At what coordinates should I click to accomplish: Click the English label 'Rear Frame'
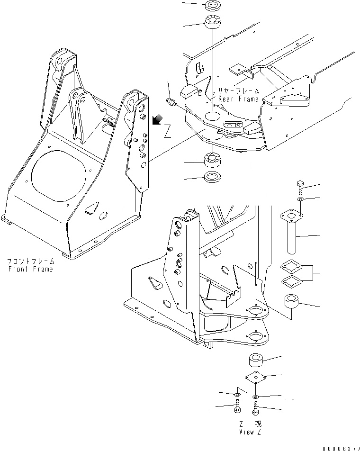tap(238, 99)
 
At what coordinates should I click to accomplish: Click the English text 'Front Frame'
tap(30, 269)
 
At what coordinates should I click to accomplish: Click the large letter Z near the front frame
tap(167, 132)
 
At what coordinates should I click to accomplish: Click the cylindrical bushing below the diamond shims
tap(291, 302)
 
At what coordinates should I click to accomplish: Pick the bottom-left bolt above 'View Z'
tap(238, 406)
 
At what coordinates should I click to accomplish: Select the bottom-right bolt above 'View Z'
tap(256, 407)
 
